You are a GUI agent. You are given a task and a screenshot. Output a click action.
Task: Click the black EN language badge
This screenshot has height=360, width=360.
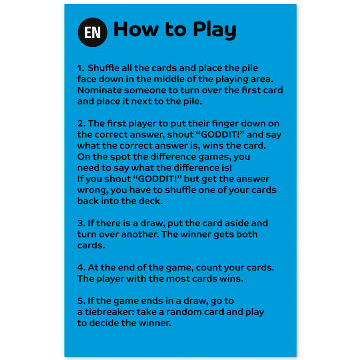(x=93, y=32)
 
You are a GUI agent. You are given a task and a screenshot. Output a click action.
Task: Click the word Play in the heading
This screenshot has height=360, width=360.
(x=215, y=30)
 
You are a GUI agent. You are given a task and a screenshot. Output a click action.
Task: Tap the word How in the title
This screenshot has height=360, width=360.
(x=136, y=29)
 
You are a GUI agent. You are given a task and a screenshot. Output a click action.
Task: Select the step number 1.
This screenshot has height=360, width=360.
(x=81, y=68)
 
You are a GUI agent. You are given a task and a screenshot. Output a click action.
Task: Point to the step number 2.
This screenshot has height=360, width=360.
(x=81, y=123)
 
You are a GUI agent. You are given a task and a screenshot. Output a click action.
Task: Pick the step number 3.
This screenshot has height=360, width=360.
(x=81, y=223)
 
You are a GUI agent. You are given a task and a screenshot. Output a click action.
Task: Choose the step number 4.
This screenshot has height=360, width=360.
(x=81, y=267)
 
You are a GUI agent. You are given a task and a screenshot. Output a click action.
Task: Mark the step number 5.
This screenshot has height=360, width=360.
(x=81, y=301)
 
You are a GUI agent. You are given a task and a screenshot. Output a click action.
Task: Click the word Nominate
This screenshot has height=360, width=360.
(x=99, y=90)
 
